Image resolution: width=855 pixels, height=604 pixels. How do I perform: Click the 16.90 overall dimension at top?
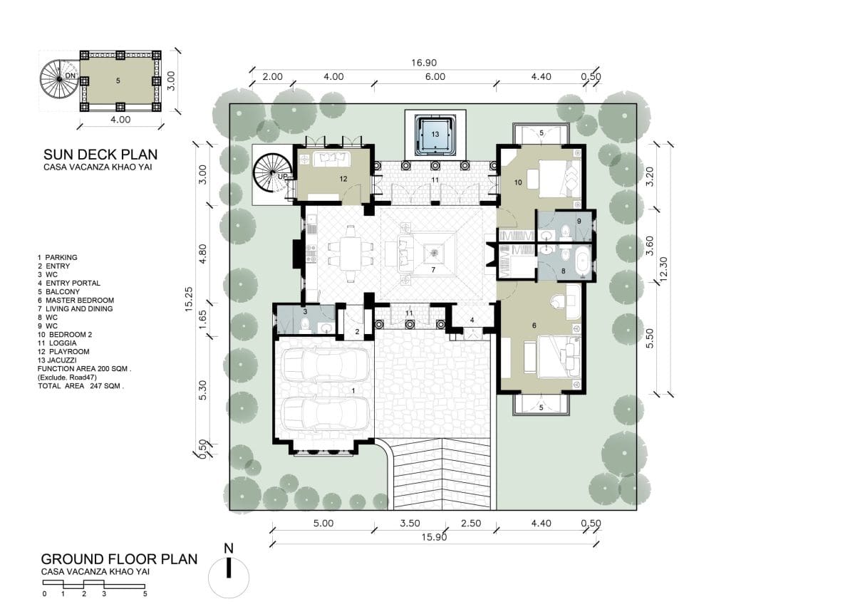424,63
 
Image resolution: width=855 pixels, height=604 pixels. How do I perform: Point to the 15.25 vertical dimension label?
189,300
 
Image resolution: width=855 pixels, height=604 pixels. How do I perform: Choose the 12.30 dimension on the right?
663,269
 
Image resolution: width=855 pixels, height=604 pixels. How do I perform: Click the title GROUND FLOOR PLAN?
119,559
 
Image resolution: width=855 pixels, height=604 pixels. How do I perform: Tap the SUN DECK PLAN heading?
100,155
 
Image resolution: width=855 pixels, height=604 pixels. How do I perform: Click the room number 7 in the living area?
433,270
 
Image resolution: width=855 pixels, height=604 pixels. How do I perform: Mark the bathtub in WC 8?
583,260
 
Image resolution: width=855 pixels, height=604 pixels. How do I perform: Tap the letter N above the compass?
229,548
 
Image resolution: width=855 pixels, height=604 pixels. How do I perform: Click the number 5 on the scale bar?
145,594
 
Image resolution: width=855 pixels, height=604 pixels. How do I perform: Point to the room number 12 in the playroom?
343,179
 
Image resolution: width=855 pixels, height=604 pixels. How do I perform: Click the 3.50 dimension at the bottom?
410,523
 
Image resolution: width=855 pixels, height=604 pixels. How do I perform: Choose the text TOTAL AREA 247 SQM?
81,386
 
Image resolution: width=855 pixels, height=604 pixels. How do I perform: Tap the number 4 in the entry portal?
472,320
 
